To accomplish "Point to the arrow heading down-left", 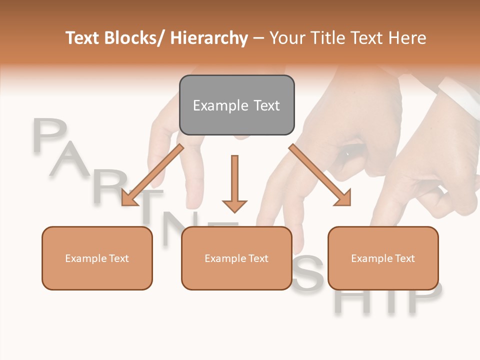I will click(152, 175).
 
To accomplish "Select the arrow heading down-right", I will click(320, 175).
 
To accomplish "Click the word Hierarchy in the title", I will click(209, 38).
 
